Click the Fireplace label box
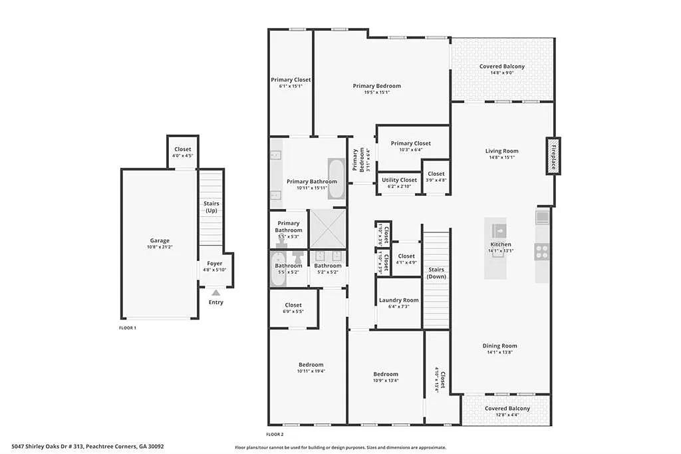551,156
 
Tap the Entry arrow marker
215,292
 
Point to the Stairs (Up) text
211,207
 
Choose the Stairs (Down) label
437,273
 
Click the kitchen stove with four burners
542,252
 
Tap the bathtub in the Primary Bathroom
337,179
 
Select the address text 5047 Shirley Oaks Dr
88,446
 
